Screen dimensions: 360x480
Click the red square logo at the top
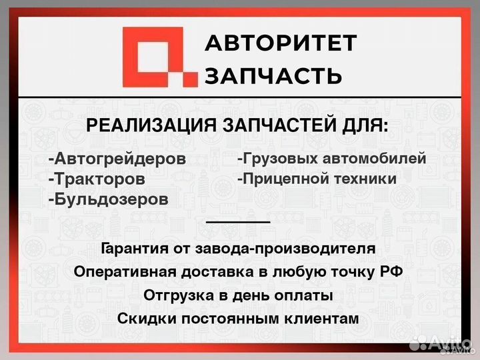coord(160,57)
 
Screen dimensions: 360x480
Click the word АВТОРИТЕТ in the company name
coord(280,44)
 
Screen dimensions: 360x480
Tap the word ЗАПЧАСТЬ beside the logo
coord(273,75)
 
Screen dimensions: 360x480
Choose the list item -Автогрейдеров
coord(117,160)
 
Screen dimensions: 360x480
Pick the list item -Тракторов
coord(96,179)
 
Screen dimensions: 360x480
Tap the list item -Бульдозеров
coord(108,199)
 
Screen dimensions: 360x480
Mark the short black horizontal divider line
coord(238,221)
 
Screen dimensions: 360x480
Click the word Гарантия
coord(133,249)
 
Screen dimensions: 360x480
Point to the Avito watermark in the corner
coord(439,343)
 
